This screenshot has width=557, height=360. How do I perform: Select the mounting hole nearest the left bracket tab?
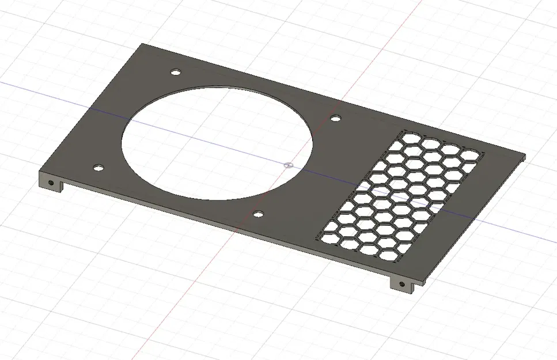98,168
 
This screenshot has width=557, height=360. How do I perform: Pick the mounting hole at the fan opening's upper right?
335,118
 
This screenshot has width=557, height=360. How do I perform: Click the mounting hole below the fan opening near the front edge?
258,214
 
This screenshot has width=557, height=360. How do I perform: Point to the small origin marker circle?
289,164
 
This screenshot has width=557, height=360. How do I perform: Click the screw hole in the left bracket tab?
52,183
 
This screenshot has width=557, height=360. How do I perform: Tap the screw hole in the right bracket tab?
402,284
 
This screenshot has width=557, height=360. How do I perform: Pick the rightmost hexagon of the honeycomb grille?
471,154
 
